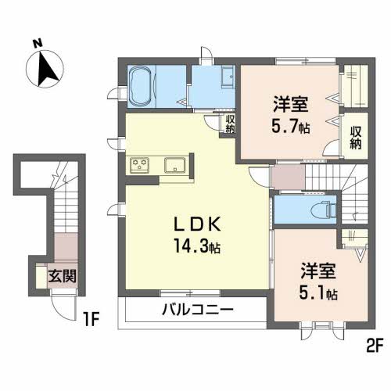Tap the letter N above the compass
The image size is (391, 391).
pos(37,45)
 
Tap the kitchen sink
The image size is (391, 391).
pos(174,165)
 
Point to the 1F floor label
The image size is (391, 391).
pos(94,319)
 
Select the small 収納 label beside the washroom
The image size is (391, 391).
pos(230,124)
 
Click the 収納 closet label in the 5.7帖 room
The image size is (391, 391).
pos(356,137)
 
